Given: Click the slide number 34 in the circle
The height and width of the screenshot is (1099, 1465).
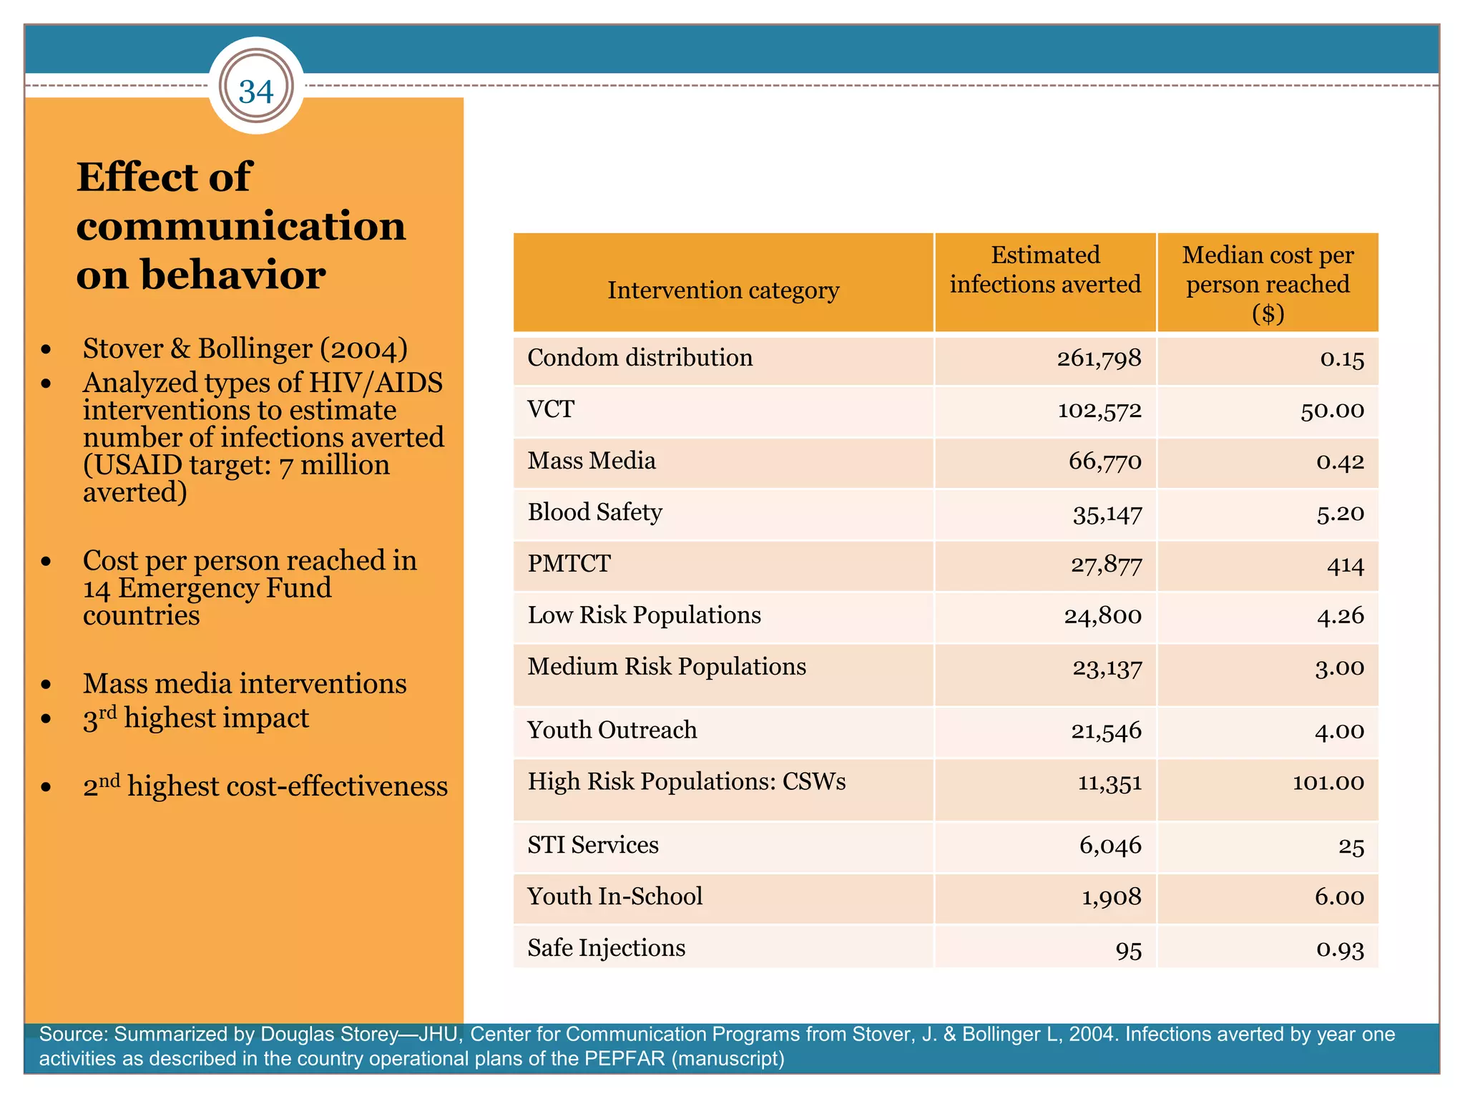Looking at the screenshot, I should click(x=256, y=92).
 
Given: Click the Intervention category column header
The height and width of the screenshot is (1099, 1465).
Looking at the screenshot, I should click(x=723, y=290).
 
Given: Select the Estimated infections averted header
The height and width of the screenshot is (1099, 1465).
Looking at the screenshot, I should click(x=1045, y=270).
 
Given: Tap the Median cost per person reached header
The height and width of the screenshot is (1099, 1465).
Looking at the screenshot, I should click(x=1268, y=283).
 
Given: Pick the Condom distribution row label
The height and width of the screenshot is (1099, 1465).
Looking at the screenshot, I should click(x=640, y=358).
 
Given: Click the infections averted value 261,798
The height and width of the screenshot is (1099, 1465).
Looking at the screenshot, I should click(x=1099, y=358).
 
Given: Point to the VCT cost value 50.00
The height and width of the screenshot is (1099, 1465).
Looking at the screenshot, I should click(x=1332, y=411).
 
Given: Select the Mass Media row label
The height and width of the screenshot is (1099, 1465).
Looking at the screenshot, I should click(x=592, y=461).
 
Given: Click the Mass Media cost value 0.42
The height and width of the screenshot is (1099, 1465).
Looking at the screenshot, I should click(x=1340, y=462).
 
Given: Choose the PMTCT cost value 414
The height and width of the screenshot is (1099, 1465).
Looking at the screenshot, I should click(x=1345, y=566).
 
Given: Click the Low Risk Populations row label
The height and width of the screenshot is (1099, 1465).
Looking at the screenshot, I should click(x=644, y=615).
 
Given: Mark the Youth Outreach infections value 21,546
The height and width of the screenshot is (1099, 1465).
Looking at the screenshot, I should click(x=1106, y=731).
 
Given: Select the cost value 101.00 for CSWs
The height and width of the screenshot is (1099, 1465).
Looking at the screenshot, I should click(x=1328, y=782).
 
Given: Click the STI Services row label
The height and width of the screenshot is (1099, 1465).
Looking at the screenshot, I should click(x=593, y=845).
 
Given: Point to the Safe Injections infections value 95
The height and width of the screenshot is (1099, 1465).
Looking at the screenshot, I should click(x=1128, y=950).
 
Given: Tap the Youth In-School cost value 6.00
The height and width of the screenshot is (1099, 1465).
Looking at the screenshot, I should click(x=1339, y=897).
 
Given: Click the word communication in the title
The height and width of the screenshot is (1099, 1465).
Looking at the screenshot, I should click(x=241, y=226).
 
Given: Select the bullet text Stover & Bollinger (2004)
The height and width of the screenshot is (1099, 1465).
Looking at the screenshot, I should click(x=245, y=349).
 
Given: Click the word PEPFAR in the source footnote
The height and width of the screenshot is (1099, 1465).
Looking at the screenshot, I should click(x=624, y=1058).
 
